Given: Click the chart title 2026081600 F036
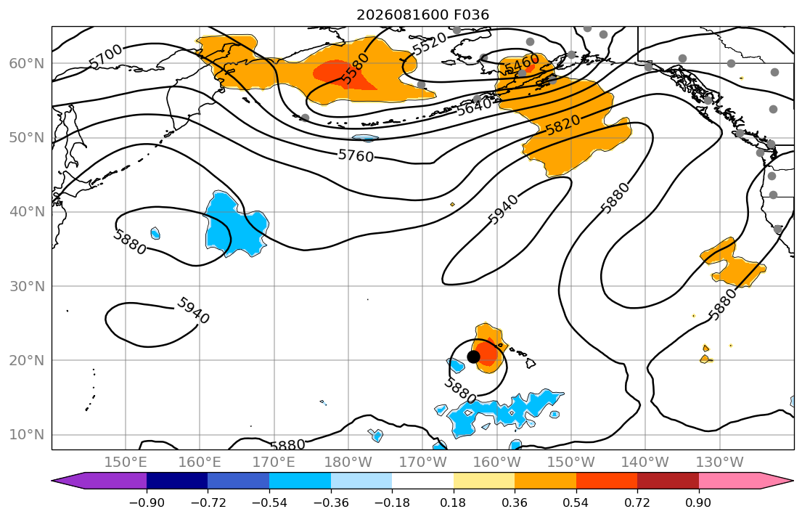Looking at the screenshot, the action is (x=422, y=15).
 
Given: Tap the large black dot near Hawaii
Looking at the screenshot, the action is (x=474, y=357).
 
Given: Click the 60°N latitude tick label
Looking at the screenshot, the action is (x=27, y=63).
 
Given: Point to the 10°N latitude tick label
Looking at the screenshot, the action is (x=27, y=435).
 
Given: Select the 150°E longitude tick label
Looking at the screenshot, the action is (x=126, y=463).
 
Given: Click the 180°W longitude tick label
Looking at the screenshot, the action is (x=348, y=463).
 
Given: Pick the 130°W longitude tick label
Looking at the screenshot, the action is (x=720, y=463).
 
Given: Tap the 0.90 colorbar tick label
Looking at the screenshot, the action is (x=698, y=502).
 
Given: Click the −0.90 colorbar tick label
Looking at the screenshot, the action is (x=147, y=502).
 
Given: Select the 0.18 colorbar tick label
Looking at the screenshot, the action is (x=453, y=502).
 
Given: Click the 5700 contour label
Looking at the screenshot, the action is (x=105, y=56).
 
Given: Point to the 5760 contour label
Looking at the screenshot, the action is (x=356, y=155).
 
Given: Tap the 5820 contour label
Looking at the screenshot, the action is (x=563, y=125).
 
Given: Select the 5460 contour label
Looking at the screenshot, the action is (x=523, y=64).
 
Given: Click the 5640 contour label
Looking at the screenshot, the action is (x=475, y=107).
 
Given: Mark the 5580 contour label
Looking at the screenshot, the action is (x=354, y=69).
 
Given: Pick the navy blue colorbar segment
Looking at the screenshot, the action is (x=177, y=481).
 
